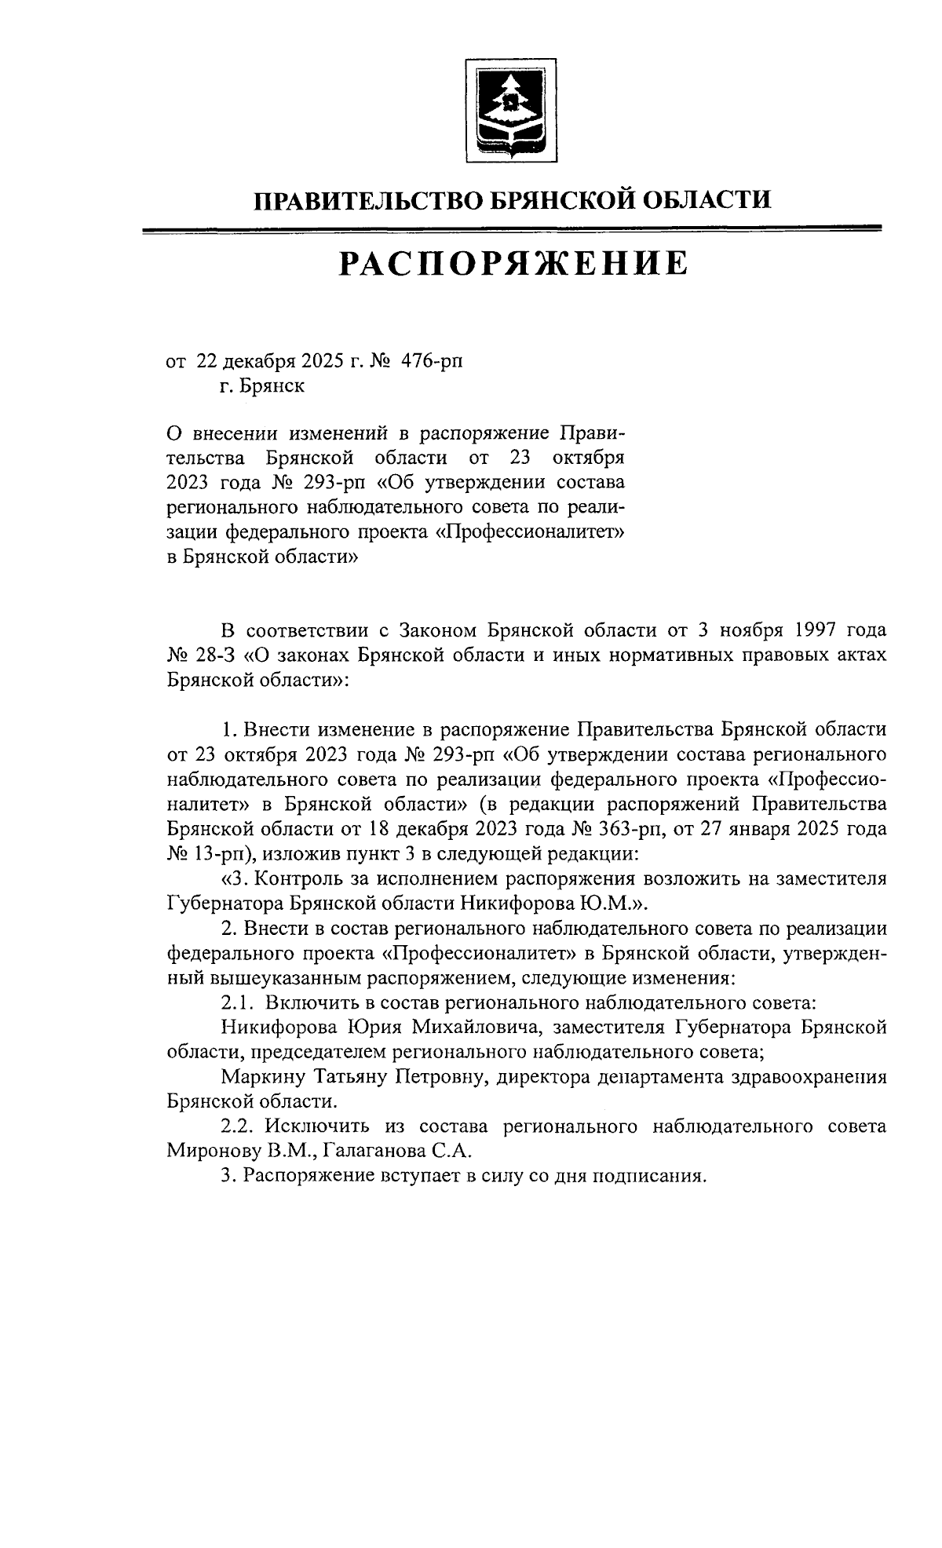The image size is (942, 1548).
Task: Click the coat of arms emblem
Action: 511,110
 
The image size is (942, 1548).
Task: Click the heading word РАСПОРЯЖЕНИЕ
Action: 513,265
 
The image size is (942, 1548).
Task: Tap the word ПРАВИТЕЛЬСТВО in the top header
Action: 367,201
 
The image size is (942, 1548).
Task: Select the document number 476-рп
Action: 432,361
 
